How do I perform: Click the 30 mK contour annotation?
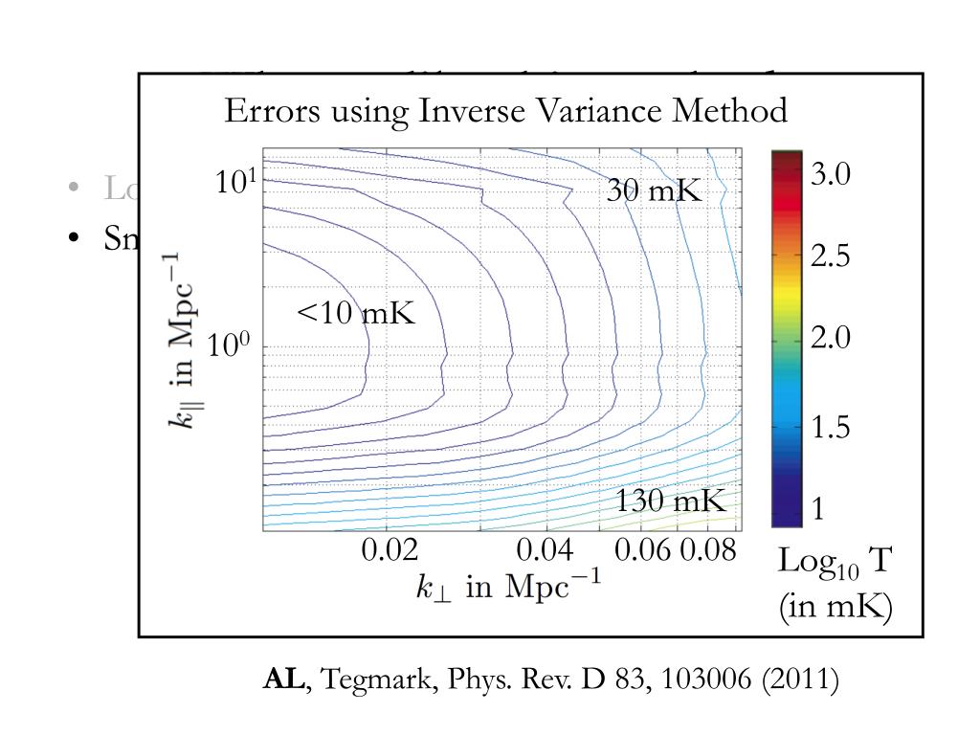[654, 190]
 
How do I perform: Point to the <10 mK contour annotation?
[356, 312]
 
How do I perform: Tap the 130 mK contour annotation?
[670, 501]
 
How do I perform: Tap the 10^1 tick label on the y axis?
[233, 181]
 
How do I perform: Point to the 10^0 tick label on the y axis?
[230, 345]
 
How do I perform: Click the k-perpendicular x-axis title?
[508, 586]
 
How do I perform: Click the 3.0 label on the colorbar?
[831, 175]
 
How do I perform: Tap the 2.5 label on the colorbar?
[831, 256]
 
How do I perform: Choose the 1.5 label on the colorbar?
[831, 429]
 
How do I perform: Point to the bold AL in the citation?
[283, 680]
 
